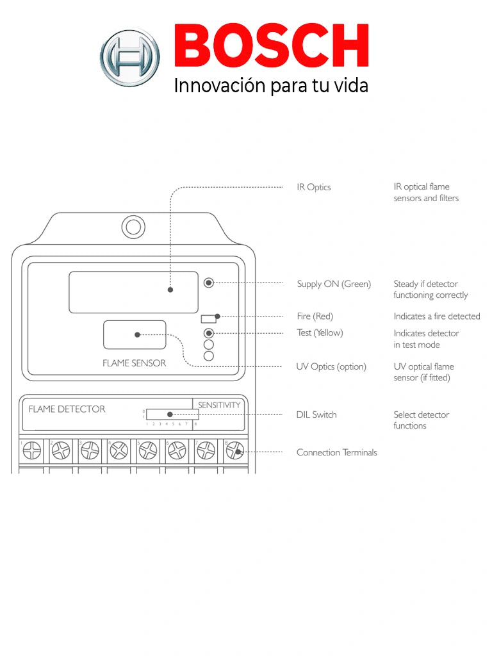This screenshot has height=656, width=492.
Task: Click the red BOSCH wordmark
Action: pyautogui.click(x=272, y=47)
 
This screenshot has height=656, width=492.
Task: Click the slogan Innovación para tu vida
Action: pyautogui.click(x=271, y=86)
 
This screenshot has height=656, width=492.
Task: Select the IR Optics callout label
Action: pyautogui.click(x=314, y=187)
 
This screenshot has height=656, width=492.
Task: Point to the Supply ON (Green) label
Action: pyautogui.click(x=334, y=284)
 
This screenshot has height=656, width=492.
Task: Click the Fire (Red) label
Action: pyautogui.click(x=315, y=316)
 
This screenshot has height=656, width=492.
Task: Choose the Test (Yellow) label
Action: pyautogui.click(x=320, y=332)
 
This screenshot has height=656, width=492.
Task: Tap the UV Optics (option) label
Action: pyautogui.click(x=331, y=366)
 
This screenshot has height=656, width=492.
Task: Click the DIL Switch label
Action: pyautogui.click(x=316, y=414)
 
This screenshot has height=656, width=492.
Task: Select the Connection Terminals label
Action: pyautogui.click(x=336, y=452)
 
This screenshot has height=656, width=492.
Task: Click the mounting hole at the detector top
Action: pyautogui.click(x=134, y=227)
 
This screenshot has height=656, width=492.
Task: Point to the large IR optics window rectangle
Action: pyautogui.click(x=133, y=292)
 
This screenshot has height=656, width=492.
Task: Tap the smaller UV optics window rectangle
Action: pyautogui.click(x=135, y=334)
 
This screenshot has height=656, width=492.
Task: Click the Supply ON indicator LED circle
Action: pyautogui.click(x=208, y=283)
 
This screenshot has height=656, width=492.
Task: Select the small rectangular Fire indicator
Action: pyautogui.click(x=208, y=318)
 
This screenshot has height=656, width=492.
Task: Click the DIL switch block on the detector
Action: pyautogui.click(x=172, y=414)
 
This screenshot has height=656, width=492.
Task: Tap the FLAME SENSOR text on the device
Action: pyautogui.click(x=134, y=363)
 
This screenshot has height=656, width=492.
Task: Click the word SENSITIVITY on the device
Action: pyautogui.click(x=219, y=405)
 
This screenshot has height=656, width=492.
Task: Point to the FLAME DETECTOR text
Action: pyautogui.click(x=67, y=409)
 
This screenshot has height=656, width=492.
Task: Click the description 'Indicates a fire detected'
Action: pyautogui.click(x=436, y=316)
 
